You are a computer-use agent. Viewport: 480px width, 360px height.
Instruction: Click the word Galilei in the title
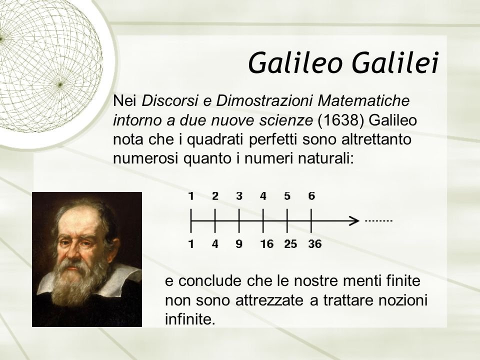click(x=395, y=63)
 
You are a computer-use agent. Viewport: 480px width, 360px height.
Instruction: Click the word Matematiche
click(x=363, y=100)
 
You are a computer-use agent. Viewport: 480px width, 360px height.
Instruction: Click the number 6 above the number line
click(x=311, y=196)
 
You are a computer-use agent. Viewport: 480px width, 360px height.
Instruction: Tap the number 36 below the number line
click(x=314, y=244)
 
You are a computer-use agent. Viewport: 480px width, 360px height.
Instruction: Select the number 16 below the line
click(x=266, y=244)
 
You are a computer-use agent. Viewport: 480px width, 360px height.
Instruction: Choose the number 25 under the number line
click(x=290, y=244)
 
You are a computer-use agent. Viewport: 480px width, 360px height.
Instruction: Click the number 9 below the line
click(x=239, y=244)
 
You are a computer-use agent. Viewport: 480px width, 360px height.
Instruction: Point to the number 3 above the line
click(x=239, y=196)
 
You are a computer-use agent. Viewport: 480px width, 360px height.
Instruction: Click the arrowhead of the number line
click(x=355, y=220)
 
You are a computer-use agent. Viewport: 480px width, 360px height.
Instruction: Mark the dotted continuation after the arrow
click(x=378, y=220)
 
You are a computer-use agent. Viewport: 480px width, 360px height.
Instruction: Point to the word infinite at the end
click(x=190, y=319)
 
